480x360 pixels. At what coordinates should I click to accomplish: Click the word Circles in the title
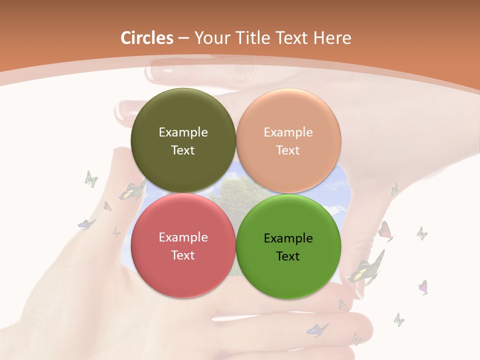pyautogui.click(x=147, y=38)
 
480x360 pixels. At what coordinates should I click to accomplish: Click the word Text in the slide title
pyautogui.click(x=296, y=38)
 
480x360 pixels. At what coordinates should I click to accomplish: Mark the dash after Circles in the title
pyautogui.click(x=183, y=38)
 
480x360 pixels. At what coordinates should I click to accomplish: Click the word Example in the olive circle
pyautogui.click(x=183, y=132)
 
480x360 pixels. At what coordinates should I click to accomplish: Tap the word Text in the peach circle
pyautogui.click(x=288, y=150)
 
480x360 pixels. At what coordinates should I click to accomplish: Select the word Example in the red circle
pyautogui.click(x=183, y=237)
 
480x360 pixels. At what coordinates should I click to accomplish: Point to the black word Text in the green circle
pyautogui.click(x=288, y=256)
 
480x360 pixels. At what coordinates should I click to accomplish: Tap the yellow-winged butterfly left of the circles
pyautogui.click(x=132, y=192)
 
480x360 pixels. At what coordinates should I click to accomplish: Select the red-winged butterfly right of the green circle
pyautogui.click(x=385, y=231)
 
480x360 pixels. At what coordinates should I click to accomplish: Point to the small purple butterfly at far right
pyautogui.click(x=423, y=287)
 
